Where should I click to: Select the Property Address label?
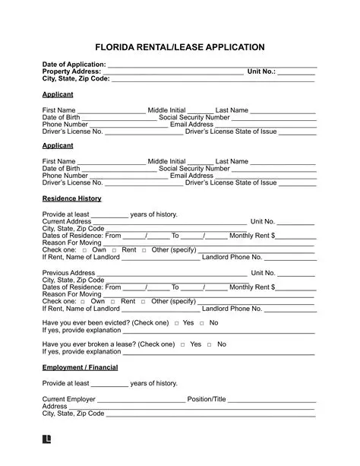[x=70, y=71]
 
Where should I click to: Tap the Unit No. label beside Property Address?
[x=262, y=71]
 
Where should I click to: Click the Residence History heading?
[x=71, y=198]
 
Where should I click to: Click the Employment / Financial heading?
[x=79, y=368]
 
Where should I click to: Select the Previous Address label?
[x=69, y=273]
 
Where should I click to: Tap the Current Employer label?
[x=69, y=399]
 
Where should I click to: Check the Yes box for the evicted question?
[x=176, y=323]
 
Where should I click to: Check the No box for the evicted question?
[x=202, y=323]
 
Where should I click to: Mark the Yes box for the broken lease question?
[x=183, y=344]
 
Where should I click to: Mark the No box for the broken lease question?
[x=210, y=344]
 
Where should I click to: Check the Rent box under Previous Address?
[x=113, y=302]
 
